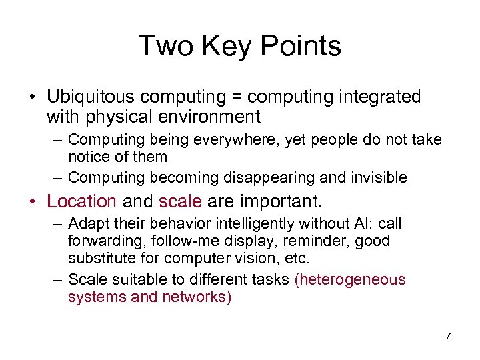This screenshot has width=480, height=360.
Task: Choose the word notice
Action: click(x=90, y=157)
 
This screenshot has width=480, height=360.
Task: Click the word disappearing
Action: click(x=268, y=177)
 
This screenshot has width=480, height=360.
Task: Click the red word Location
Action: click(x=81, y=201)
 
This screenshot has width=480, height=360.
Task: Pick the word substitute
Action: click(x=100, y=258)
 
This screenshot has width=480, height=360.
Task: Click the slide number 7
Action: click(x=448, y=336)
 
